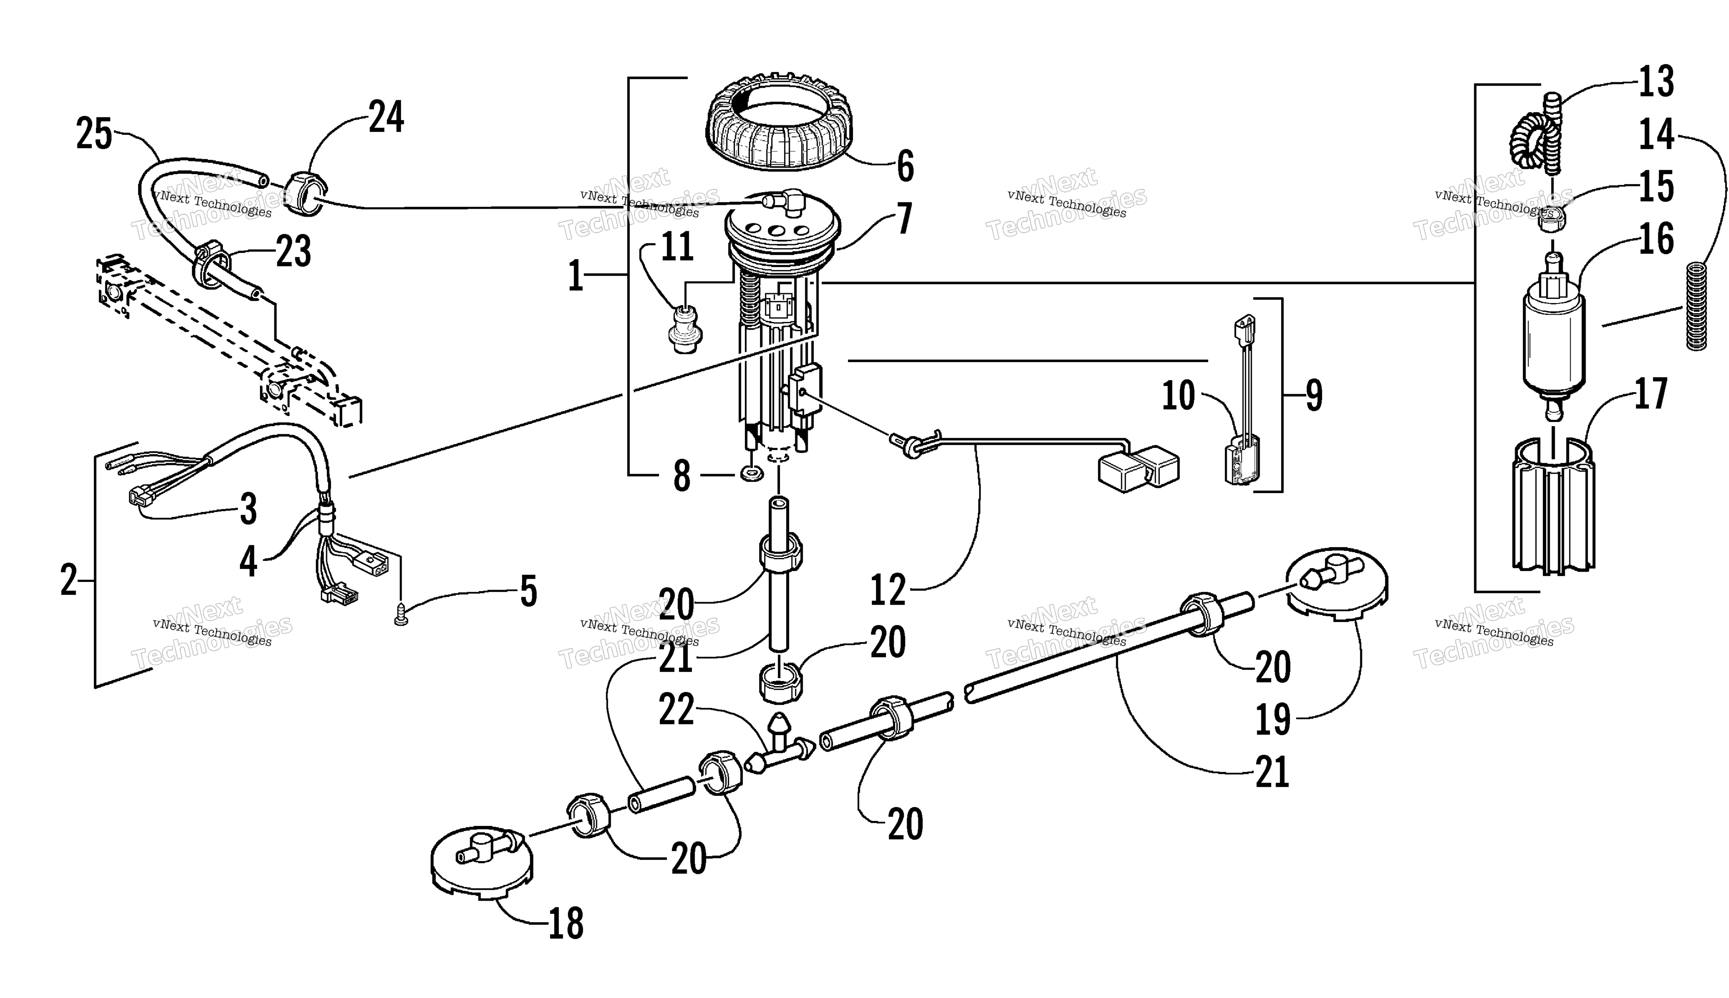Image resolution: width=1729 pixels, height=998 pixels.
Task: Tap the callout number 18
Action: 566,923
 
